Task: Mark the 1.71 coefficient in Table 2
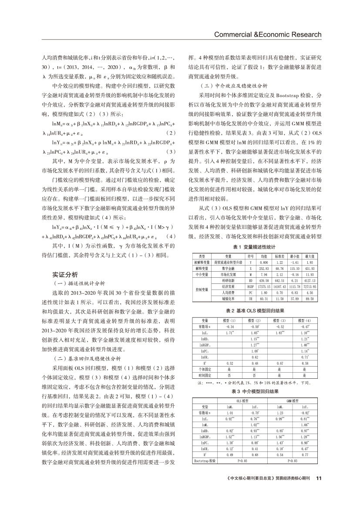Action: tap(232, 332)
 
